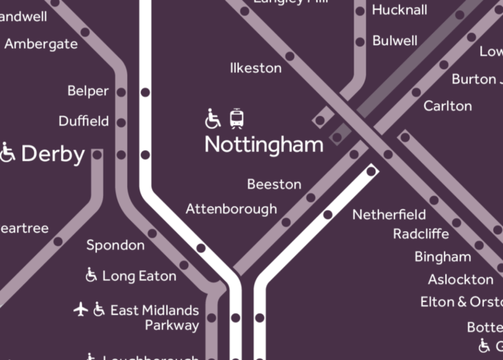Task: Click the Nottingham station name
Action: pos(264,145)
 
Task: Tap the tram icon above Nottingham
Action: pos(237,118)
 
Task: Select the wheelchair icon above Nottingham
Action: pos(213,119)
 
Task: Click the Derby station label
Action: pos(53,154)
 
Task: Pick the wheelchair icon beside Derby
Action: pos(8,153)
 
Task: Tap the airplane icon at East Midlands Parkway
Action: pos(81,309)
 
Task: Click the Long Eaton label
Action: pos(139,276)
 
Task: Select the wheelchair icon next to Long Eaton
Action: pos(92,275)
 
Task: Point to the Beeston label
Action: pos(274,185)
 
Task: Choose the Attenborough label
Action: pos(231,209)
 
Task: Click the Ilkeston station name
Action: pos(255,68)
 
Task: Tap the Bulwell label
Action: pos(394,41)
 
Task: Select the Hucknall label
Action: pos(400,10)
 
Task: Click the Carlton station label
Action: pos(447,106)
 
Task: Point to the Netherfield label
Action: pos(389,215)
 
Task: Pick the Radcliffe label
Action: pos(421,234)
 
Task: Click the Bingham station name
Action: pos(443,257)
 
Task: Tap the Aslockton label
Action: pos(460,279)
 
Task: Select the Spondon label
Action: pos(115,245)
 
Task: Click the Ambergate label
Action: pos(41,45)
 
